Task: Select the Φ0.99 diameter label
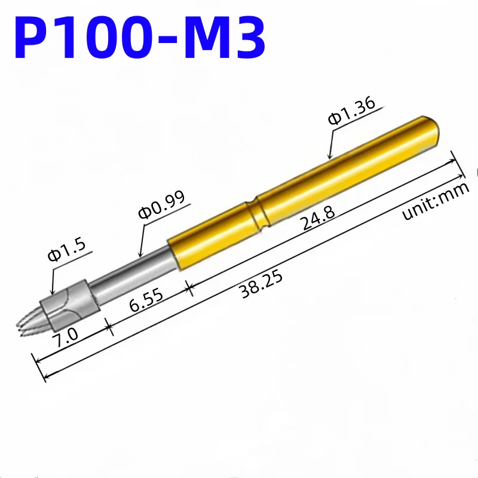tap(162, 205)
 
